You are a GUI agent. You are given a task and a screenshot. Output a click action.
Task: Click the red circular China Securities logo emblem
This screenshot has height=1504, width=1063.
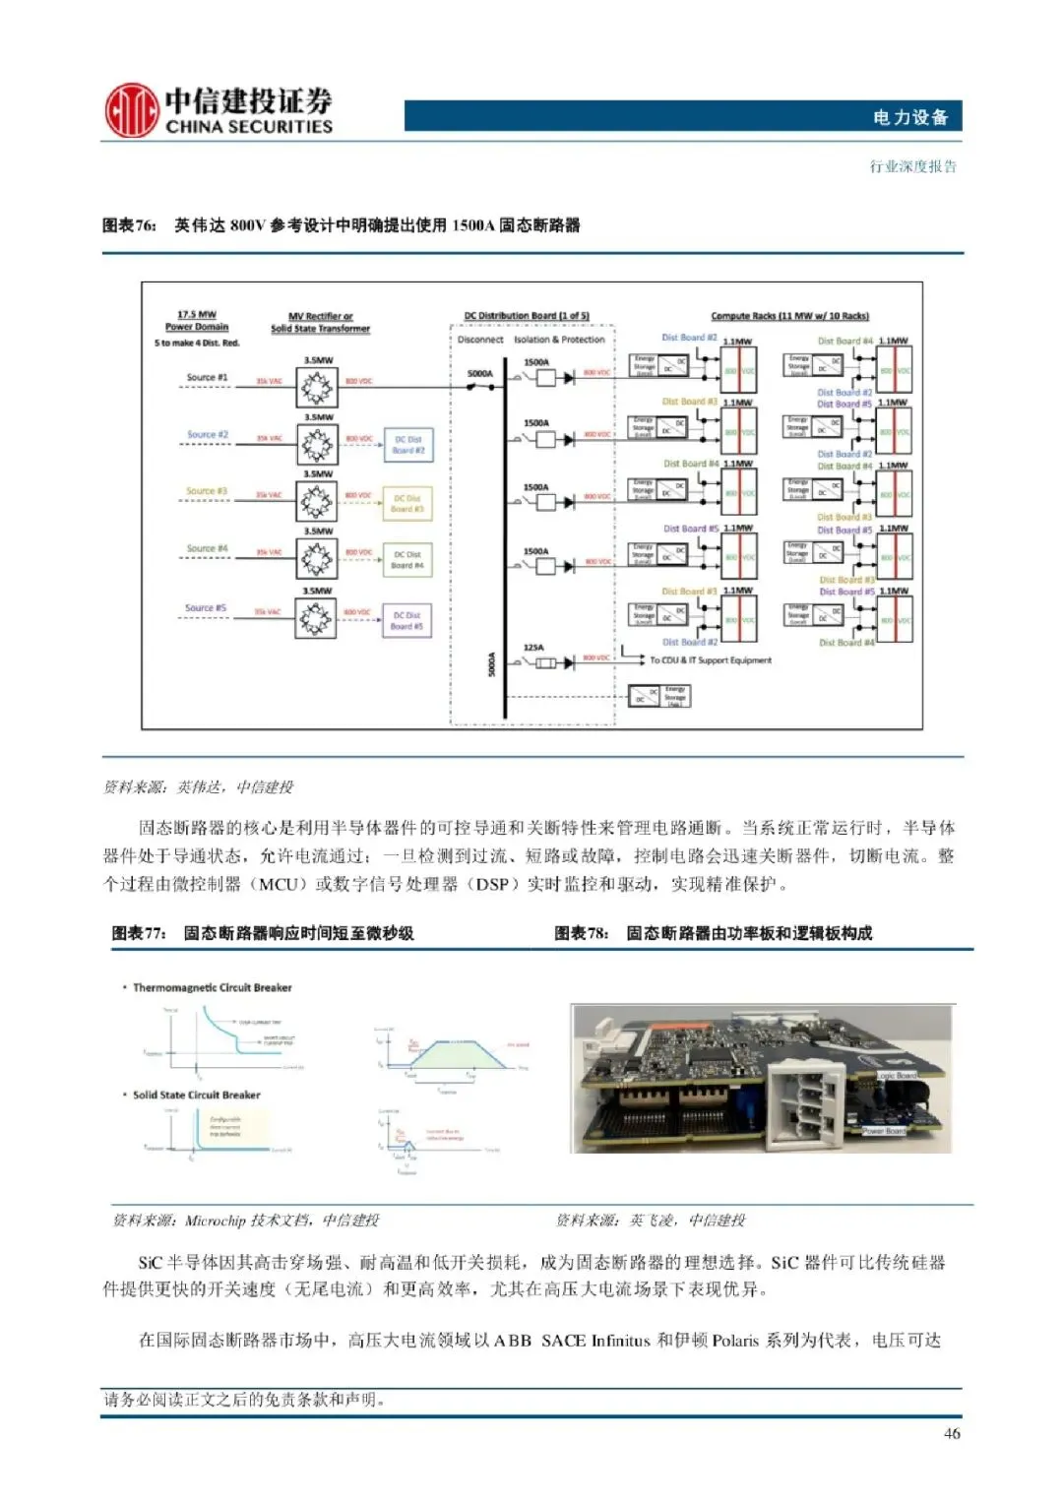pyautogui.click(x=131, y=109)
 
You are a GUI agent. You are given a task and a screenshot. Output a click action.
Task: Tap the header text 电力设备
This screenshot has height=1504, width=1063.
pyautogui.click(x=909, y=117)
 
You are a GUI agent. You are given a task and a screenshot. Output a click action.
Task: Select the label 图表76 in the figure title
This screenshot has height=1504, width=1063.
pyautogui.click(x=129, y=225)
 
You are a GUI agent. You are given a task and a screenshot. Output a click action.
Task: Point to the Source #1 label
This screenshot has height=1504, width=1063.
pyautogui.click(x=207, y=377)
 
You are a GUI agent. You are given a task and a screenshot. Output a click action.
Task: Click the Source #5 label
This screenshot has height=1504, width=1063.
pyautogui.click(x=206, y=608)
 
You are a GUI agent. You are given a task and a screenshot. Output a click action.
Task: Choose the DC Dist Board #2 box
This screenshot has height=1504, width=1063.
pyautogui.click(x=407, y=445)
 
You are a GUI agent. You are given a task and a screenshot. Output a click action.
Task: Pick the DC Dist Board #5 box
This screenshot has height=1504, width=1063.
pyautogui.click(x=407, y=620)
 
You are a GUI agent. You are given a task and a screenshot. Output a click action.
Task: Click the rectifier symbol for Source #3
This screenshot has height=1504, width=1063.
pyautogui.click(x=317, y=502)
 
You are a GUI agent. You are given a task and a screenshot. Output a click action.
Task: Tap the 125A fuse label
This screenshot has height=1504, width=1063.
pyautogui.click(x=533, y=648)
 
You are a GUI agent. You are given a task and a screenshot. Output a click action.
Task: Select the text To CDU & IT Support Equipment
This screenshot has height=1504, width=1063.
pyautogui.click(x=711, y=660)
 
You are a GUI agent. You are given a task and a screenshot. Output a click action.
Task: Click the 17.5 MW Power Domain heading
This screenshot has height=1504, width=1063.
pyautogui.click(x=197, y=321)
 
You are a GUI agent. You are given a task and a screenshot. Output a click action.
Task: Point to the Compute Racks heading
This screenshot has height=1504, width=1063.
pyautogui.click(x=789, y=316)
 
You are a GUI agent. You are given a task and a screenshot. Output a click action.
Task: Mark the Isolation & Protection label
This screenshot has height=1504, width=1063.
pyautogui.click(x=559, y=340)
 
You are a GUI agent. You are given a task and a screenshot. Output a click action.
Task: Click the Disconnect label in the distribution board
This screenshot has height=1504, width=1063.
pyautogui.click(x=480, y=340)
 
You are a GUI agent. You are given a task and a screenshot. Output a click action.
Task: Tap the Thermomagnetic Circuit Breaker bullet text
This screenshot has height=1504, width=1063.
pyautogui.click(x=212, y=987)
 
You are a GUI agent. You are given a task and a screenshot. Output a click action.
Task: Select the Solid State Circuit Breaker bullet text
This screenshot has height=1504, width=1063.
pyautogui.click(x=196, y=1095)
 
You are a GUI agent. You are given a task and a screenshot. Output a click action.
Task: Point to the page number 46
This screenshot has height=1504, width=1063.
pyautogui.click(x=952, y=1433)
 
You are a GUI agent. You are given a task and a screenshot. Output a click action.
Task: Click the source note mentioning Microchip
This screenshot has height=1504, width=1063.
pyautogui.click(x=246, y=1221)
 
